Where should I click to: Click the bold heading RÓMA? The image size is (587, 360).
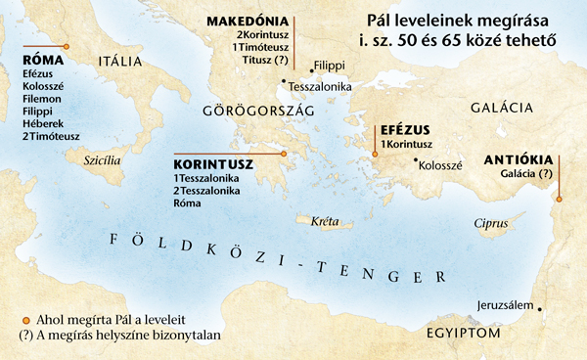tap(42, 60)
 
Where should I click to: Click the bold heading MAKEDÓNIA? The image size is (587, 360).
tap(247, 20)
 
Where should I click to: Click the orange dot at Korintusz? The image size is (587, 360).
tap(284, 154)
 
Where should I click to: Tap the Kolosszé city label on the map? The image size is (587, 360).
tap(445, 165)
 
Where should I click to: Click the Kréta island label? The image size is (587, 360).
tap(324, 222)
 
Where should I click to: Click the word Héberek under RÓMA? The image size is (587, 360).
tap(40, 123)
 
